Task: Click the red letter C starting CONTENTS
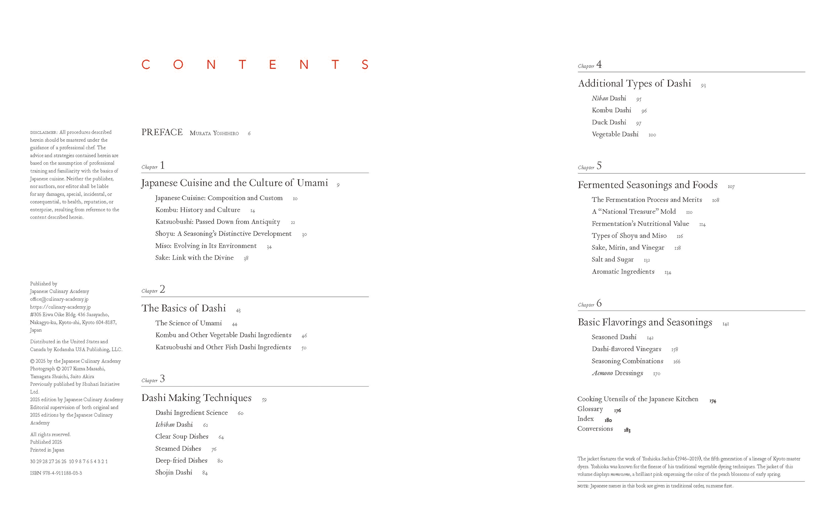pyautogui.click(x=146, y=64)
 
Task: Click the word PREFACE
pyautogui.click(x=162, y=133)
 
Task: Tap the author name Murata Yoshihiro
pyautogui.click(x=214, y=133)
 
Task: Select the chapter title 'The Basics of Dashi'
pyautogui.click(x=184, y=308)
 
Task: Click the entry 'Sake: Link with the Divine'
pyautogui.click(x=194, y=258)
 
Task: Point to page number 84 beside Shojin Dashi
pyautogui.click(x=205, y=473)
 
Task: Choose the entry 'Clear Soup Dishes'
pyautogui.click(x=182, y=436)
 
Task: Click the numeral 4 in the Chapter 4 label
pyautogui.click(x=599, y=64)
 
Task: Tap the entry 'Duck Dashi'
pyautogui.click(x=609, y=122)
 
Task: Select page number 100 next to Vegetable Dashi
pyautogui.click(x=652, y=135)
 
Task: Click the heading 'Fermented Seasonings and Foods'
pyautogui.click(x=647, y=185)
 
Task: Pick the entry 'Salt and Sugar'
pyautogui.click(x=612, y=260)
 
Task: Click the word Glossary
pyautogui.click(x=590, y=409)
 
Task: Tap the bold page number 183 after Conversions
pyautogui.click(x=627, y=430)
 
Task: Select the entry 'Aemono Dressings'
pyautogui.click(x=617, y=373)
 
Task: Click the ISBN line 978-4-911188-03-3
pyautogui.click(x=56, y=473)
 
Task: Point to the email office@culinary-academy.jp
pyautogui.click(x=59, y=299)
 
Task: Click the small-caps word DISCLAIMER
pyautogui.click(x=44, y=133)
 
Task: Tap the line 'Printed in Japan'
pyautogui.click(x=47, y=450)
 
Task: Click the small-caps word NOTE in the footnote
pyautogui.click(x=582, y=486)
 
